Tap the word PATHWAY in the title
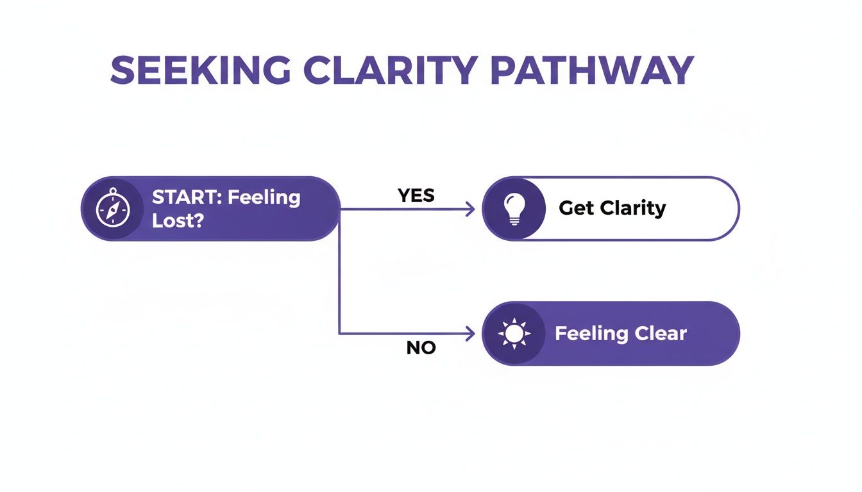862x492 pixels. pos(593,70)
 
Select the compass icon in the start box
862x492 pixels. pos(113,209)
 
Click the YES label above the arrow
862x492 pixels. pos(416,195)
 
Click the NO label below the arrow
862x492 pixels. pos(421,348)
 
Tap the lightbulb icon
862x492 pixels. pos(514,209)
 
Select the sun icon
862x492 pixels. pos(514,334)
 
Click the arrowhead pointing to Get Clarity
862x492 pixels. pos(470,209)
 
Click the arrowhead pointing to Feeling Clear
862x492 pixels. pos(470,334)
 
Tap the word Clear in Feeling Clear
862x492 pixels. pos(660,334)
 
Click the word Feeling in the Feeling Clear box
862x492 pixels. pos(591,334)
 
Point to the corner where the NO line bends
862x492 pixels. pos(339,334)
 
